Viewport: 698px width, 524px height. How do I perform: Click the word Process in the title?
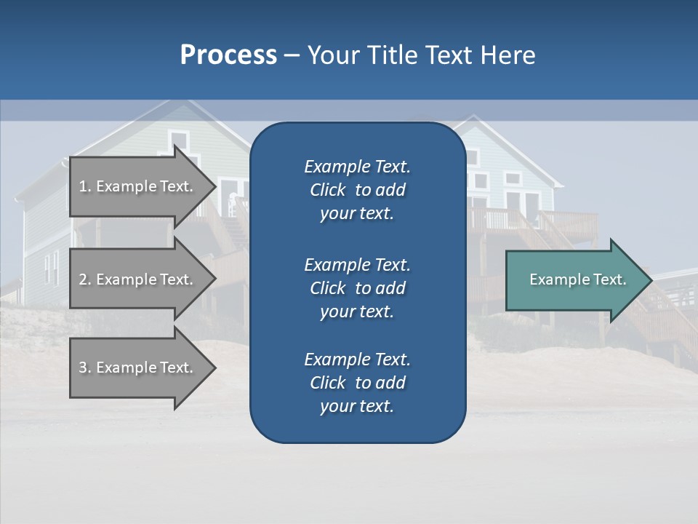tap(228, 55)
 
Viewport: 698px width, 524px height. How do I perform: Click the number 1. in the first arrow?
tap(85, 186)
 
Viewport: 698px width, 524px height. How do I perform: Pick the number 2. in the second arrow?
tap(85, 279)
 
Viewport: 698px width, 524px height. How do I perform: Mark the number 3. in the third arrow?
tap(85, 368)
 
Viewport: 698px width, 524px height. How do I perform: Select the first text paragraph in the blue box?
tap(357, 190)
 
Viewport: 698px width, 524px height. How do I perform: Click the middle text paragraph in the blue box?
tap(357, 287)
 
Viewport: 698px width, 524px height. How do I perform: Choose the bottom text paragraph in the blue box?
tap(357, 383)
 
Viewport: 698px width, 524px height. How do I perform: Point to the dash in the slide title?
tap(292, 55)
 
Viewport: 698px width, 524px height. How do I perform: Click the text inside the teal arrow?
tap(577, 279)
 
